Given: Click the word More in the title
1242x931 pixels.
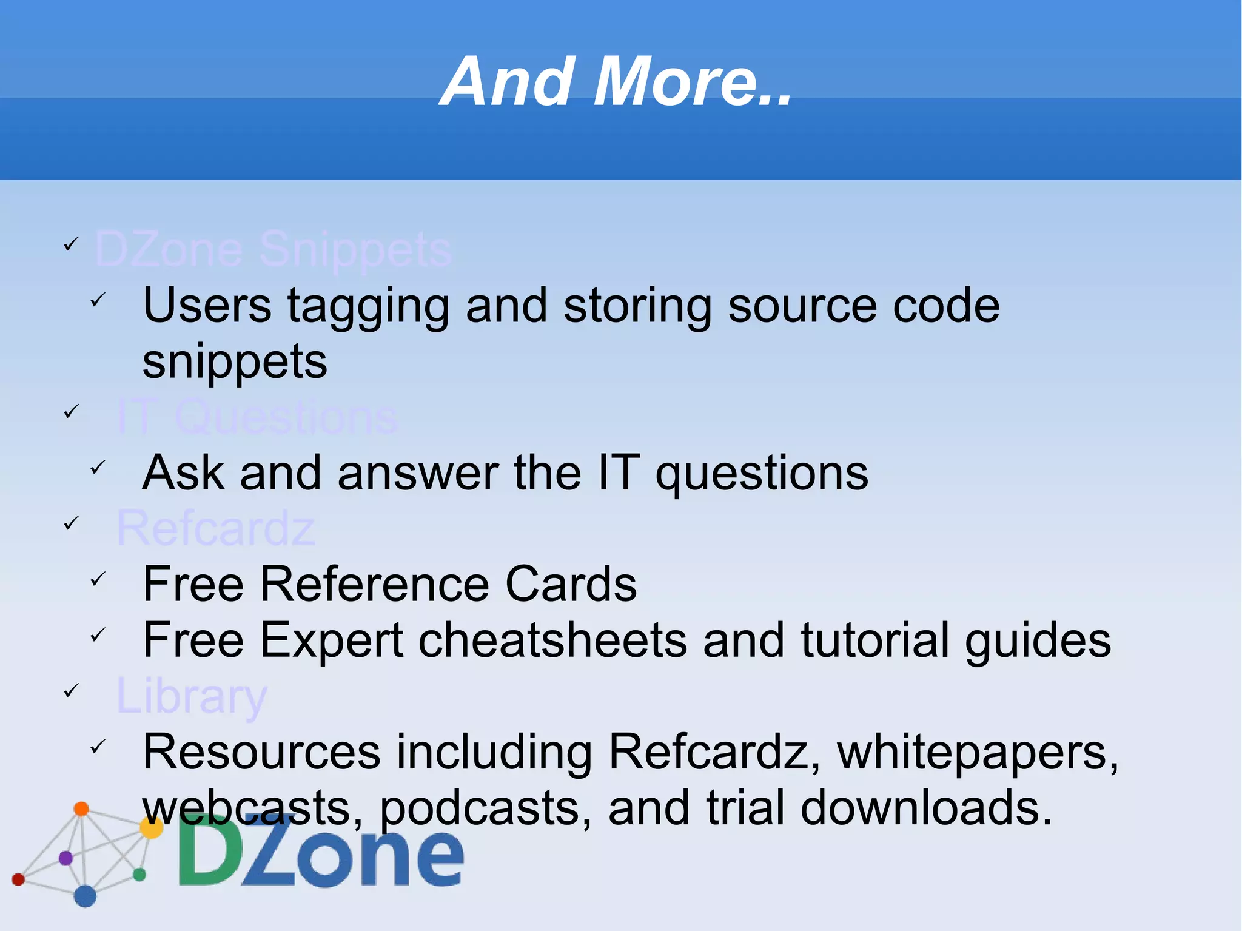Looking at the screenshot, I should pyautogui.click(x=691, y=82).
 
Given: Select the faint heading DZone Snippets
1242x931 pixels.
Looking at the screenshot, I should pyautogui.click(x=273, y=249).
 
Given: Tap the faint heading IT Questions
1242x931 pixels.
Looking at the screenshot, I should pyautogui.click(x=257, y=417).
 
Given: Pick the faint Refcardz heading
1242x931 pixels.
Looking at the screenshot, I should pyautogui.click(x=215, y=528).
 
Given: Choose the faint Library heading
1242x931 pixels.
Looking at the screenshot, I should pyautogui.click(x=191, y=696).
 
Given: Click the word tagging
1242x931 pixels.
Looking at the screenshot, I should pyautogui.click(x=368, y=306).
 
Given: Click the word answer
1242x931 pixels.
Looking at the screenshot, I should pyautogui.click(x=418, y=473).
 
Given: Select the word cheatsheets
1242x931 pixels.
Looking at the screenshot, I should pyautogui.click(x=552, y=640).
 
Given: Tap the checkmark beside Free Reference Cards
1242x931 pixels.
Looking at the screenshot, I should pyautogui.click(x=98, y=579).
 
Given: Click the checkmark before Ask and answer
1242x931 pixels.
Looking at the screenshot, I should pyautogui.click(x=98, y=468).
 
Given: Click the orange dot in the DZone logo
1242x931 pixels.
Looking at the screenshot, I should pyautogui.click(x=81, y=808).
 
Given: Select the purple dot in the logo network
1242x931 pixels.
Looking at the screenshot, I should pyautogui.click(x=65, y=858).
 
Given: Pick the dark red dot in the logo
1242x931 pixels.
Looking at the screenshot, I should pyautogui.click(x=18, y=879).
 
